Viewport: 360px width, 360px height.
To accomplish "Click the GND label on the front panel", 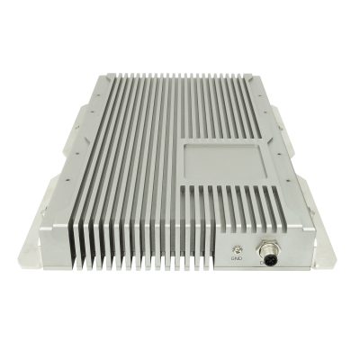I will pyautogui.click(x=237, y=257).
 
